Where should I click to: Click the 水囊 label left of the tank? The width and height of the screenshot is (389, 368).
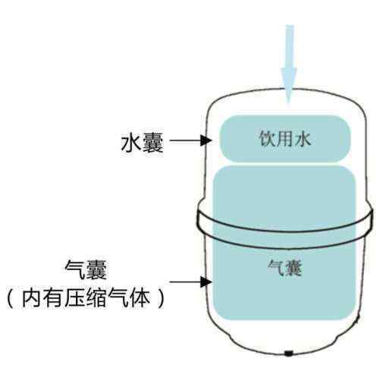click(x=143, y=143)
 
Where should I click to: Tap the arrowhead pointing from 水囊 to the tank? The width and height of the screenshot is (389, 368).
click(x=205, y=140)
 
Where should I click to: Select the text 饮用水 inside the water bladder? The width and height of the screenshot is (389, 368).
click(x=285, y=139)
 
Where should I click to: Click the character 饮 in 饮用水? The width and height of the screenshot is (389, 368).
click(x=267, y=139)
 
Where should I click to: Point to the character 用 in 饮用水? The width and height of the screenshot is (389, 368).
click(x=284, y=139)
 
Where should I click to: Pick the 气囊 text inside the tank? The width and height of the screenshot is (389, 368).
click(x=285, y=268)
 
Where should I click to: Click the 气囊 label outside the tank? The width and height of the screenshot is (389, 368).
click(x=86, y=270)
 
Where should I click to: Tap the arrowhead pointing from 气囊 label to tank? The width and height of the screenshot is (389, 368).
click(x=205, y=282)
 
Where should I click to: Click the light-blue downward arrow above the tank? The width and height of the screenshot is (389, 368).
click(x=290, y=64)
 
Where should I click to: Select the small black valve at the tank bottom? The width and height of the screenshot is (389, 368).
click(x=289, y=353)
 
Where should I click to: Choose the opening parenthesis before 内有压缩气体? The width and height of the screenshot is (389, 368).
click(x=11, y=298)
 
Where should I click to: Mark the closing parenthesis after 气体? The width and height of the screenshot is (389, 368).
click(x=161, y=298)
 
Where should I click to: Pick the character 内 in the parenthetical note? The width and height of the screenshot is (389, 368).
click(x=31, y=298)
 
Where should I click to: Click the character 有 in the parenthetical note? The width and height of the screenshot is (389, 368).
click(x=52, y=298)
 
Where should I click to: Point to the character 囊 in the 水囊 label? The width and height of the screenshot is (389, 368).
click(x=153, y=143)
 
